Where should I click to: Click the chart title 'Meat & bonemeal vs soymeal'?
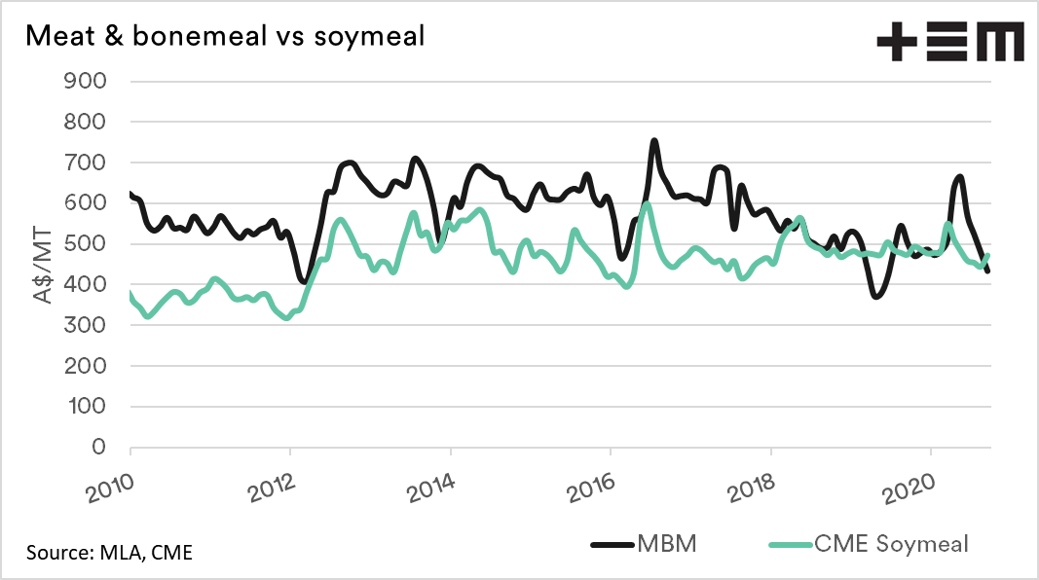tap(225, 36)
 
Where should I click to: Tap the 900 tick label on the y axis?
tap(85, 81)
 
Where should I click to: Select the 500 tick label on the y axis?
tap(85, 244)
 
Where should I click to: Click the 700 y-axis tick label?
tap(85, 163)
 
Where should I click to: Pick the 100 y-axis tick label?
tap(85, 407)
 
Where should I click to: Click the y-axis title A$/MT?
tap(46, 264)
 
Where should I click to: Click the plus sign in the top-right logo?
tap(898, 44)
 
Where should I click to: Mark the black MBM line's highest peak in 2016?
tap(654, 141)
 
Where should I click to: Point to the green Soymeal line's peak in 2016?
tap(647, 203)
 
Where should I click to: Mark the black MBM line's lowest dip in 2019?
tap(876, 296)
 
